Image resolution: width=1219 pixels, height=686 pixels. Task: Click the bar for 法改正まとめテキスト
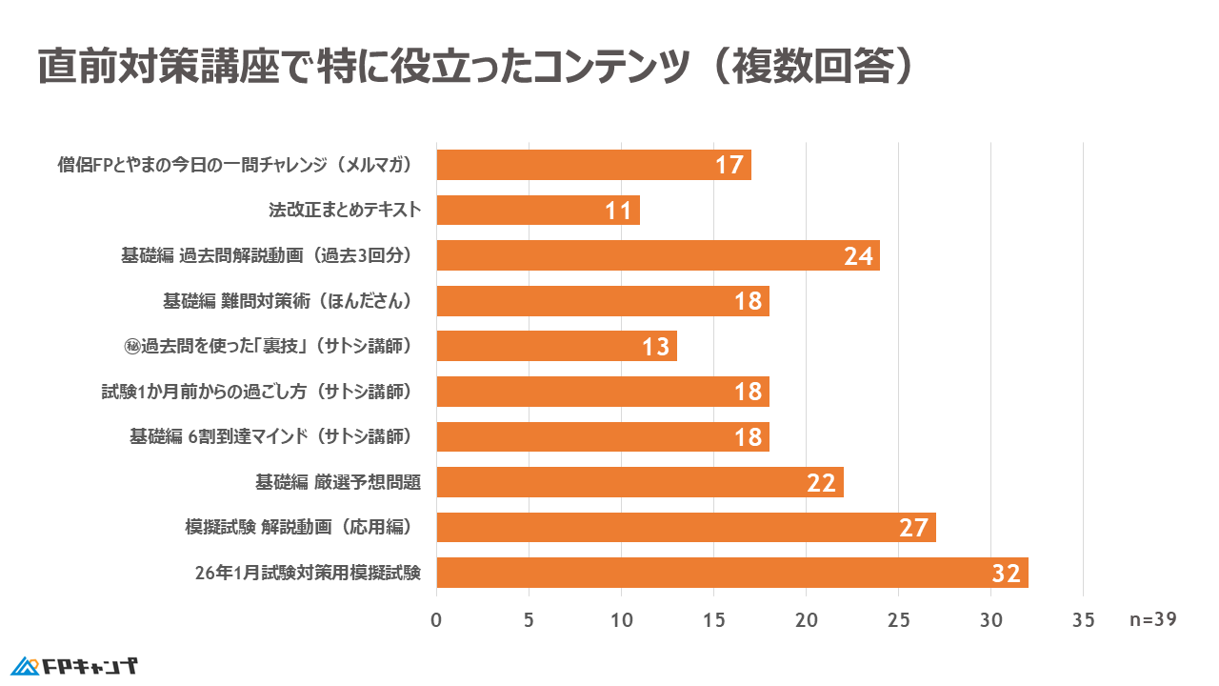click(538, 210)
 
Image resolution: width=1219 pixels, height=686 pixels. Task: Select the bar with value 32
click(732, 573)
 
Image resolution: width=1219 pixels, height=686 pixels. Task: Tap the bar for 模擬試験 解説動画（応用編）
click(686, 527)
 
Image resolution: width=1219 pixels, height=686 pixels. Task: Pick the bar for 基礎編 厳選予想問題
click(640, 482)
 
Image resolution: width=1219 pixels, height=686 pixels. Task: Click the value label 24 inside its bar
click(858, 256)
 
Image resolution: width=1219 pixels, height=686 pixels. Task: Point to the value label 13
click(655, 347)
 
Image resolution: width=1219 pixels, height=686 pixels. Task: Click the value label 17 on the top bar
click(729, 166)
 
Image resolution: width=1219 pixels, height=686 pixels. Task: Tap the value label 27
click(913, 528)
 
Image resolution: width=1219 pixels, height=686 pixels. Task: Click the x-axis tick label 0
click(436, 620)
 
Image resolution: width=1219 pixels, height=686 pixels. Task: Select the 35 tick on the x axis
click(1083, 620)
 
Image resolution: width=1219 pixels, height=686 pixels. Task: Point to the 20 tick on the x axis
click(807, 620)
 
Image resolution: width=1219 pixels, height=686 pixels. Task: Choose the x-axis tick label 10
click(621, 620)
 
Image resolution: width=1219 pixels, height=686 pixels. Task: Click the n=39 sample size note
click(1153, 619)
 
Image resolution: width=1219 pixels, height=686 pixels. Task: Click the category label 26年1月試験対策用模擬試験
click(308, 573)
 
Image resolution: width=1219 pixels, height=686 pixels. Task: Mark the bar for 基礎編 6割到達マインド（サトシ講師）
click(603, 437)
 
